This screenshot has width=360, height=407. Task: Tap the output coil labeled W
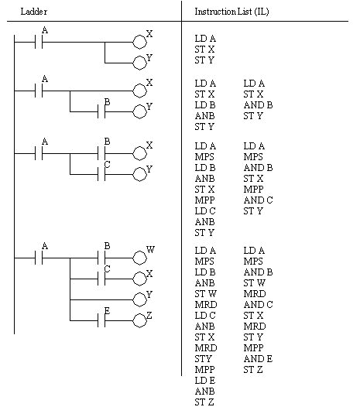pos(139,257)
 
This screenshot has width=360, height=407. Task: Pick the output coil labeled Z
pos(139,320)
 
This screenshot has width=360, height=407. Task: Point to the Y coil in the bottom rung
pos(139,299)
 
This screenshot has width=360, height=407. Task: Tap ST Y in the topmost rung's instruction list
pos(204,60)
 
